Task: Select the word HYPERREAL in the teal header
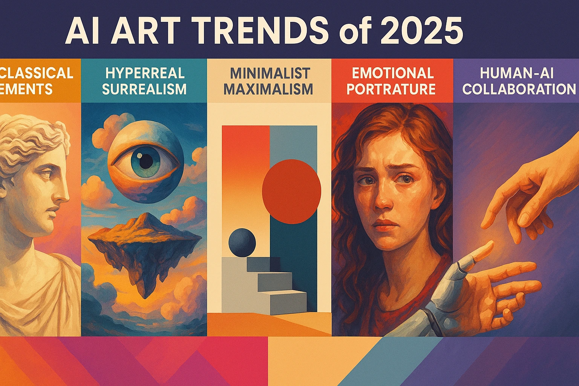145,73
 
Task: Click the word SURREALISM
144,89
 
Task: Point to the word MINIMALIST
270,73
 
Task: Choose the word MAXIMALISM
268,89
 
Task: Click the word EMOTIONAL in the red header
393,73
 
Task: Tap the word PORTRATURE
391,89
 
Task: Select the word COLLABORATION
519,89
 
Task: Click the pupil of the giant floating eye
144,161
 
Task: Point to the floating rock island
145,245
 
